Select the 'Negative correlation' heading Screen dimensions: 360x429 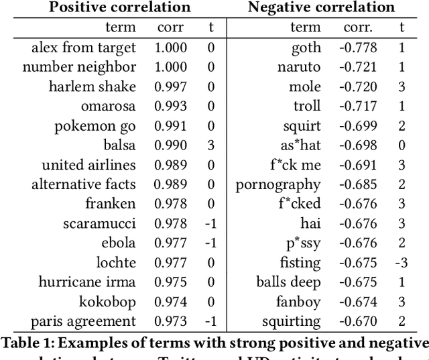[x=321, y=8]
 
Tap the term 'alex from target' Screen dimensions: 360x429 [x=83, y=48]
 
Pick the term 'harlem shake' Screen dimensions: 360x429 [x=92, y=86]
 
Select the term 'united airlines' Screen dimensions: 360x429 [x=88, y=165]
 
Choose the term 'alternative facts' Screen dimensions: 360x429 [x=83, y=184]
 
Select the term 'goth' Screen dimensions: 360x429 [x=306, y=48]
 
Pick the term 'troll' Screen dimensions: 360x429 [x=307, y=106]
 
